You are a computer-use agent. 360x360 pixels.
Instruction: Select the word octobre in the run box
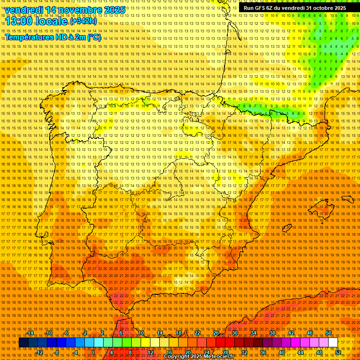tap(320, 8)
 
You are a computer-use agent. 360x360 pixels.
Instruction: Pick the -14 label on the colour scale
tap(30, 333)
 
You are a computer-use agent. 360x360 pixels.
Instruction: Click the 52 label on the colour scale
tap(338, 352)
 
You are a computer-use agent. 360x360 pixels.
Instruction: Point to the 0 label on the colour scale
tap(93, 352)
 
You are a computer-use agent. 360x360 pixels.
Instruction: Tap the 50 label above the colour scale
tap(329, 333)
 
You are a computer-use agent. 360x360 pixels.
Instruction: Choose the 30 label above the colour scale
tap(235, 333)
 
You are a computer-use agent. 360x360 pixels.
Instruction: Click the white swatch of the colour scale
tap(333, 343)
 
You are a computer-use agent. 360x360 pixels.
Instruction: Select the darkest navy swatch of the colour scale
tap(23, 343)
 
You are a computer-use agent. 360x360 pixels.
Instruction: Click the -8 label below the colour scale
tap(56, 352)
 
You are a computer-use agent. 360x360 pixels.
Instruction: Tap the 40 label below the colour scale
tap(281, 352)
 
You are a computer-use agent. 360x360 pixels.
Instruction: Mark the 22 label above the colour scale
tap(197, 333)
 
